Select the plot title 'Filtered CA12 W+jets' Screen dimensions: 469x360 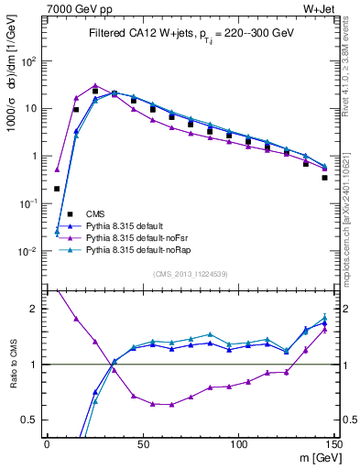[x=137, y=33]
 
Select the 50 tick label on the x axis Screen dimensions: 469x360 [x=142, y=443]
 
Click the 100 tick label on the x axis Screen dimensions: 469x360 [x=238, y=443]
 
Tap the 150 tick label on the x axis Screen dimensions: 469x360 [x=333, y=443]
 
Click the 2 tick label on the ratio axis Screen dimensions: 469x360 [x=35, y=309]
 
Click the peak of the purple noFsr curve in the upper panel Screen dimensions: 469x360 [x=95, y=85]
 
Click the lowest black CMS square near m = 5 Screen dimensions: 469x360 [x=57, y=189]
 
